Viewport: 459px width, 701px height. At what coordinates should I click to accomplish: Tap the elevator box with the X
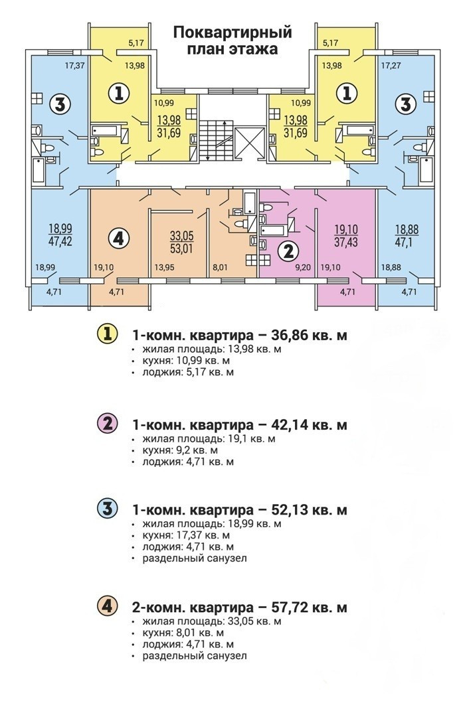tap(250, 140)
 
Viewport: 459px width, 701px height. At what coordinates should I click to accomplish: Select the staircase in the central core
tap(218, 139)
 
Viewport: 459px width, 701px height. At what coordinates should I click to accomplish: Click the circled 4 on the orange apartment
tap(118, 237)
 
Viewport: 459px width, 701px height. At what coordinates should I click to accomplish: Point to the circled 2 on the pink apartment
tap(288, 250)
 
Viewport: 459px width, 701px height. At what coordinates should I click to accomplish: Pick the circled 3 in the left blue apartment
tap(60, 104)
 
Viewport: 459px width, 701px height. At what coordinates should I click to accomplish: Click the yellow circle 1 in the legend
tap(107, 335)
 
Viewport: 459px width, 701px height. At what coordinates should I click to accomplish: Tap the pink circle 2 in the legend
tap(107, 423)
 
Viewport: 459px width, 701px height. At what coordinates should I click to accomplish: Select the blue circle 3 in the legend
tap(107, 509)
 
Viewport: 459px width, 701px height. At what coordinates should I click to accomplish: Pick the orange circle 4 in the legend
tap(107, 607)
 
